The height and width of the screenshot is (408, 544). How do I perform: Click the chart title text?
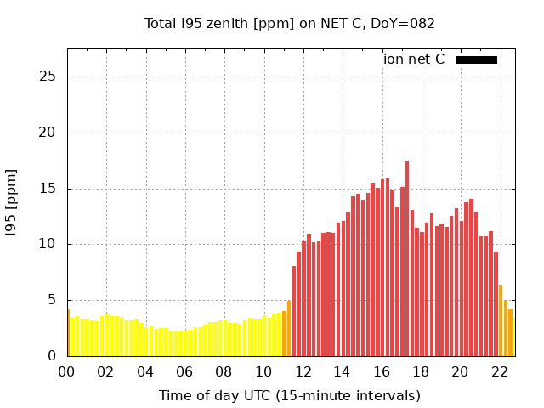289,23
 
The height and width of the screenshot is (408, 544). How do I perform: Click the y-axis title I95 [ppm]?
12,201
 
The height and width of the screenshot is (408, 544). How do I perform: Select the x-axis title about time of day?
289,395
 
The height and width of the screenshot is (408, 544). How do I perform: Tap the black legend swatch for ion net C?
476,59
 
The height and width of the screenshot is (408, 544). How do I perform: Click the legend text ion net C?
414,59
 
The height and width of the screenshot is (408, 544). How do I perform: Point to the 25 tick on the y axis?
48,76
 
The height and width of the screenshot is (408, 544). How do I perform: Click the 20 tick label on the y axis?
48,133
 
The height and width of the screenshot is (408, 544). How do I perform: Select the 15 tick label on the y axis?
48,189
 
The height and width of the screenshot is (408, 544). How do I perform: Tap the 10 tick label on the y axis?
48,244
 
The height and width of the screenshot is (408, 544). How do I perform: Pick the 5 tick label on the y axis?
51,300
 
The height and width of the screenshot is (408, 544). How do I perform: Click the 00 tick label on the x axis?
66,371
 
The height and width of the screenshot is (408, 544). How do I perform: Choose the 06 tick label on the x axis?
184,371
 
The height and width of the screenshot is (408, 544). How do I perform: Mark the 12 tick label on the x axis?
303,371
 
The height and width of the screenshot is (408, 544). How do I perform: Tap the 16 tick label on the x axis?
381,371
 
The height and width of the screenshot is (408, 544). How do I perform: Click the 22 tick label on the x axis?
499,371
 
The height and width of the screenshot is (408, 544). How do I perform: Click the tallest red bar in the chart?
407,255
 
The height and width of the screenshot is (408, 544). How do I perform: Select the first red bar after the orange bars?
294,311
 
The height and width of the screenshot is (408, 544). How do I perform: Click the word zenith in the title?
223,23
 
